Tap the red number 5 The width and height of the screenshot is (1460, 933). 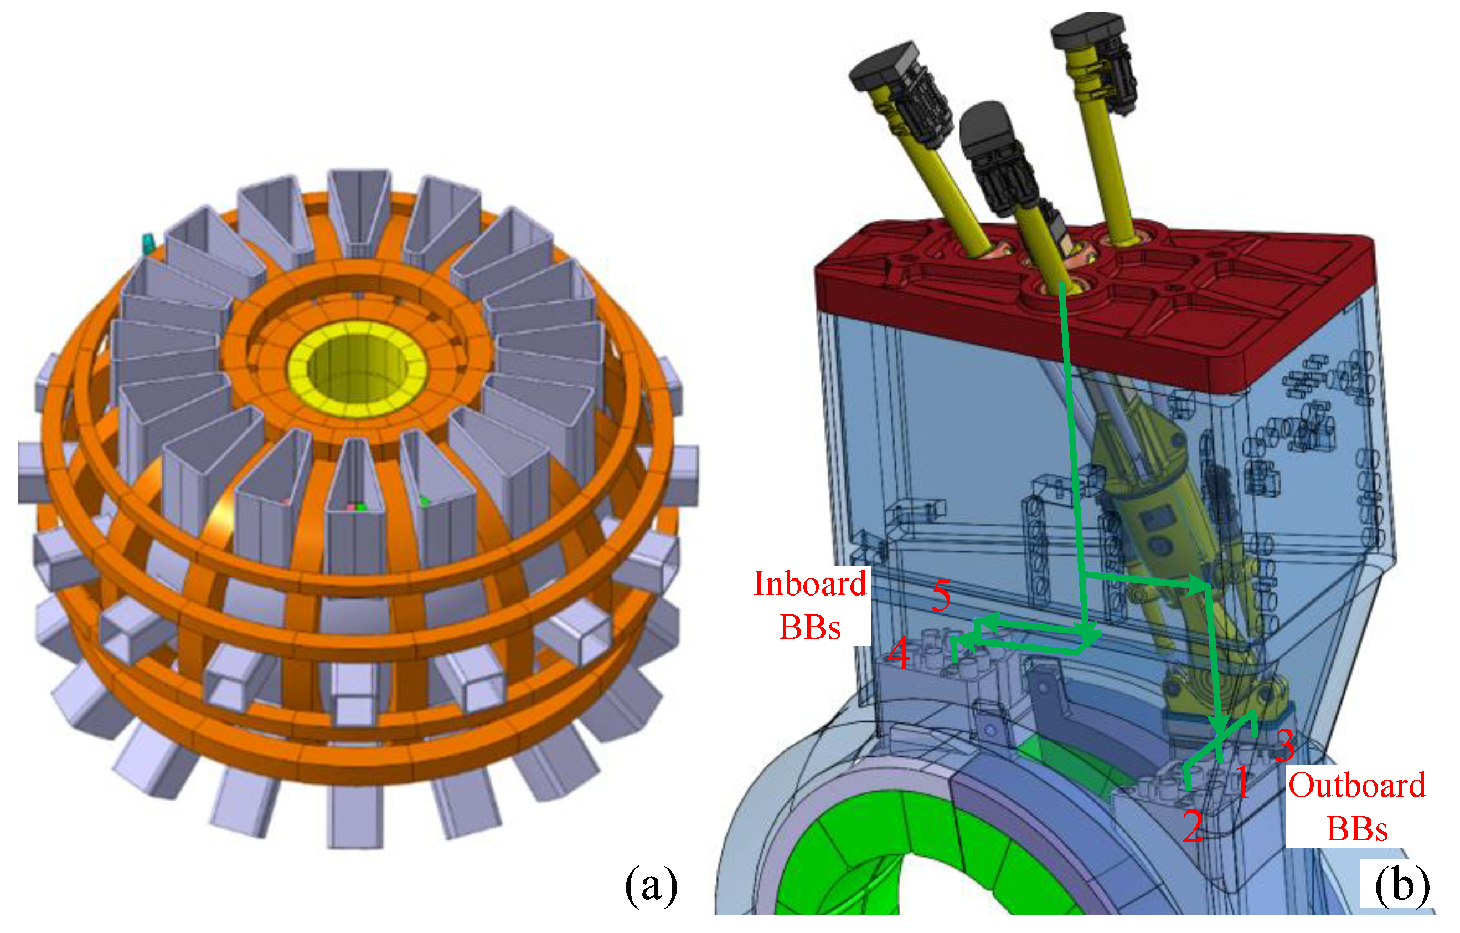pyautogui.click(x=941, y=595)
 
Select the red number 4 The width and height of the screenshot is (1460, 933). pyautogui.click(x=899, y=653)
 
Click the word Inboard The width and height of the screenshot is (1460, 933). pyautogui.click(x=810, y=584)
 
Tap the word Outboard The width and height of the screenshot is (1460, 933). pyautogui.click(x=1357, y=786)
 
